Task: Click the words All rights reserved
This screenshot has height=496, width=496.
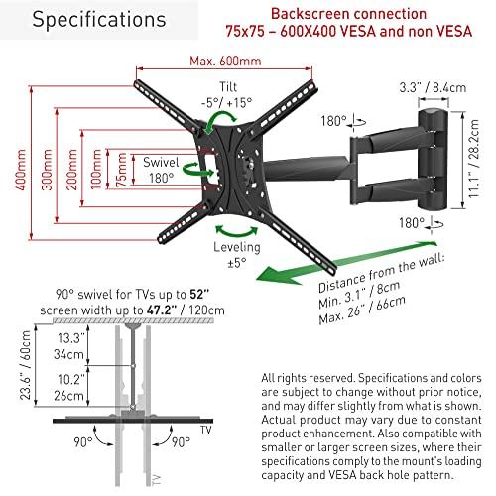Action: tap(309, 378)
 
